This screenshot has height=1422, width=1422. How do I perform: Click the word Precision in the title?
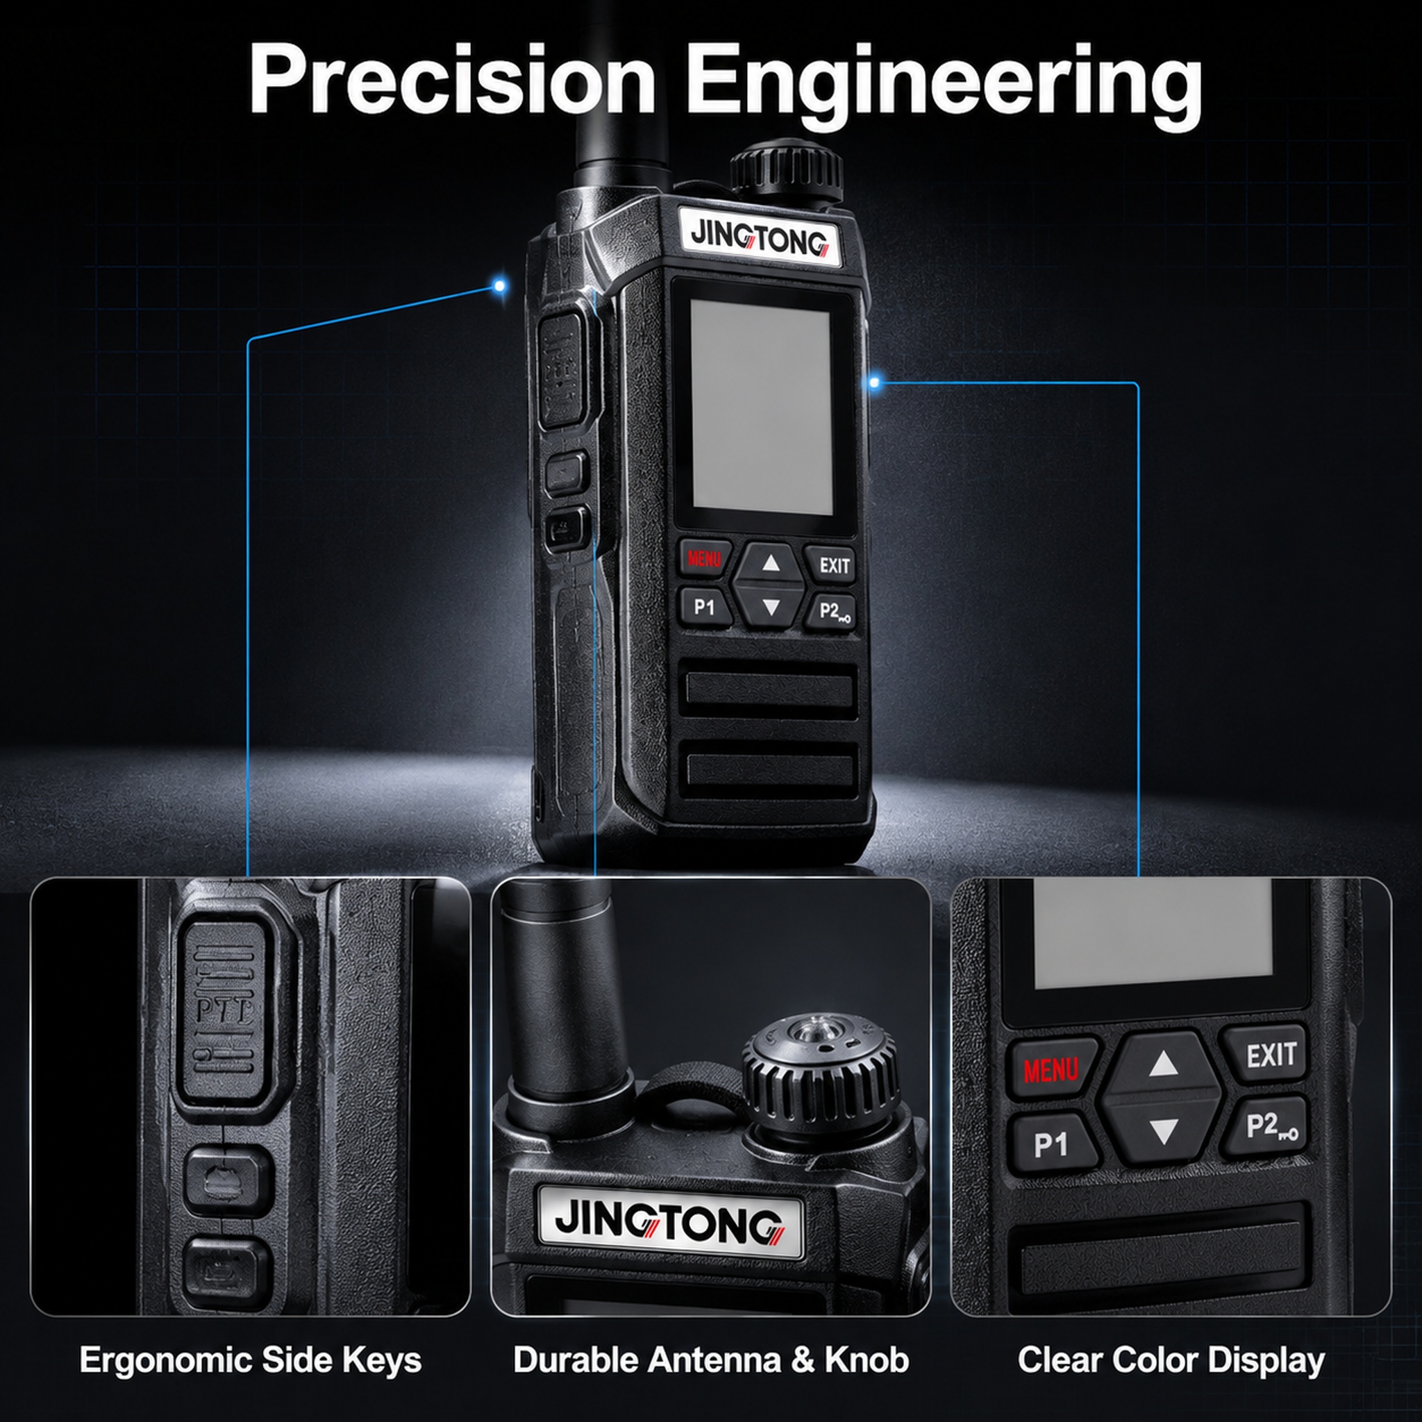point(452,78)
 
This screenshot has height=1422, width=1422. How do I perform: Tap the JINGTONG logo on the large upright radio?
point(759,238)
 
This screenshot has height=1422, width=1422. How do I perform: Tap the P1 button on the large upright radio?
point(704,608)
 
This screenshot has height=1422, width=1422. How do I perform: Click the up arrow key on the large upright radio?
point(771,564)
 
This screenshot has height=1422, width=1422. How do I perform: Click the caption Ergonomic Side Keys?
point(250,1359)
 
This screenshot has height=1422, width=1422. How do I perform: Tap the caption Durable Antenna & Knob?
point(711,1359)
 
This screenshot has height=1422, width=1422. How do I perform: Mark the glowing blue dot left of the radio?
point(500,285)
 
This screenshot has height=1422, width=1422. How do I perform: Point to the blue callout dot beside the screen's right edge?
point(874,382)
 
